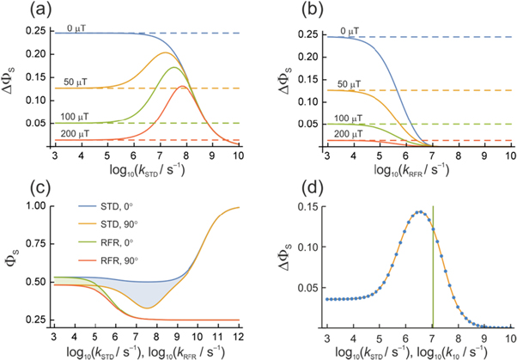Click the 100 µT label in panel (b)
tap(344, 118)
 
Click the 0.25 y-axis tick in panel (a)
tap(39, 32)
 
